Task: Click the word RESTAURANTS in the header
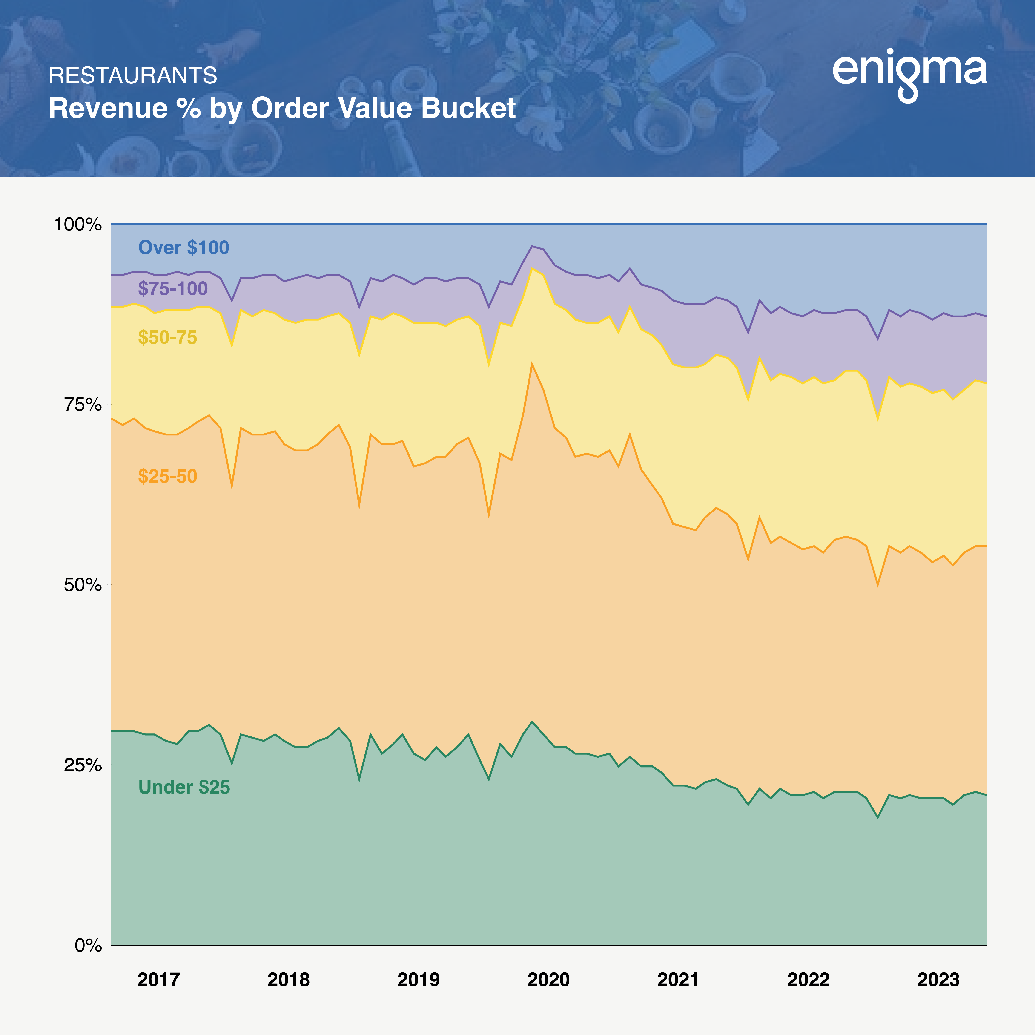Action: click(x=133, y=75)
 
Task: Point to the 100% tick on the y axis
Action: click(x=78, y=224)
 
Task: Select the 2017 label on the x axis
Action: click(x=159, y=980)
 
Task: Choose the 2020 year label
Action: click(x=549, y=980)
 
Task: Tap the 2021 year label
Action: click(x=678, y=980)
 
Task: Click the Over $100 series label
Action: click(x=184, y=247)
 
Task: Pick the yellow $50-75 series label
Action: click(x=168, y=337)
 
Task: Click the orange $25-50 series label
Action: click(x=168, y=476)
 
